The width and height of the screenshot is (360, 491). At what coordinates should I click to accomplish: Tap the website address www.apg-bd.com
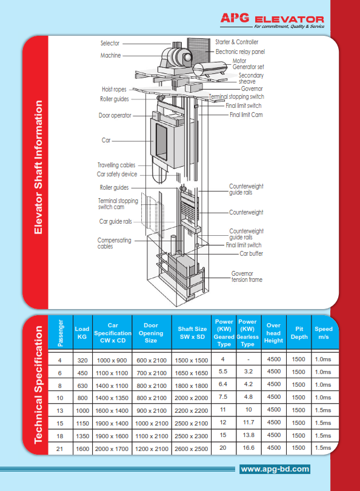(x=275, y=469)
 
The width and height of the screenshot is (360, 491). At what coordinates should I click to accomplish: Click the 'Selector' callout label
(x=110, y=43)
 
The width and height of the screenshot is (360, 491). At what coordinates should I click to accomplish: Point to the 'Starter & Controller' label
(x=236, y=42)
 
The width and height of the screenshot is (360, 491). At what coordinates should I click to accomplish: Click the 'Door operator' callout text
(x=115, y=115)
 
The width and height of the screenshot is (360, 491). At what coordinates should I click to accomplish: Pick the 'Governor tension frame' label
(x=247, y=276)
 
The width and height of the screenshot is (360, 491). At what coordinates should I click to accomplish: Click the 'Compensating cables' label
(x=114, y=244)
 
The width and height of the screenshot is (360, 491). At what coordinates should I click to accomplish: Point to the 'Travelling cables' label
(x=116, y=165)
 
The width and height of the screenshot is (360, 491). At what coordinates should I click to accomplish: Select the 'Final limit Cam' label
(x=246, y=114)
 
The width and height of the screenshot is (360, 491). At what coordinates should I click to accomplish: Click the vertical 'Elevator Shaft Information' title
(x=38, y=167)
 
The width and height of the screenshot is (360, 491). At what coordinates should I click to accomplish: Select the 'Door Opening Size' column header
(x=151, y=333)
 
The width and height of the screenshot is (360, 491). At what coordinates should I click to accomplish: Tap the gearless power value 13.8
(x=247, y=435)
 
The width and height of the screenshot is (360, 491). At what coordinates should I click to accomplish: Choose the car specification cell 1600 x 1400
(x=112, y=410)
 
